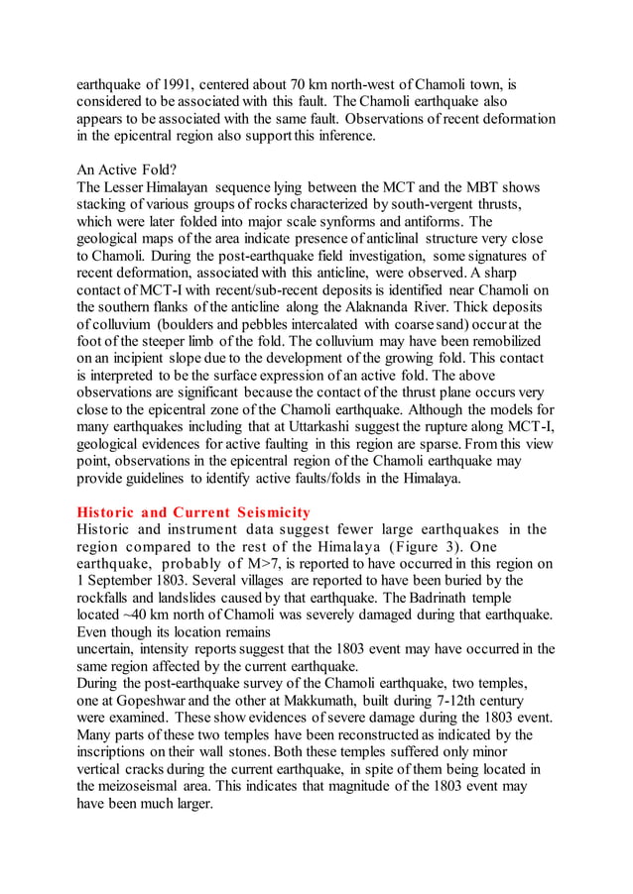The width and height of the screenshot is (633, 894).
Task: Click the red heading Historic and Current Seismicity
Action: (193, 512)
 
